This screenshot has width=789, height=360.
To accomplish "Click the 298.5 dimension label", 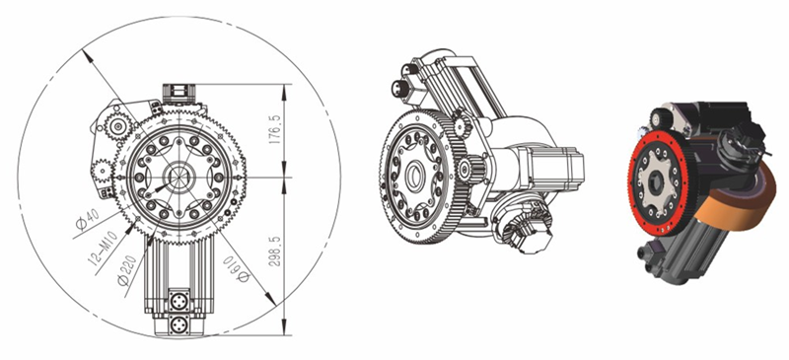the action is (275, 248).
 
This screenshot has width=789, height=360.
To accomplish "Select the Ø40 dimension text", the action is (87, 220).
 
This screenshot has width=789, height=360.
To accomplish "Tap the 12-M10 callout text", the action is (104, 249).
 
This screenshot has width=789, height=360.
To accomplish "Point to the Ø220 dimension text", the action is (127, 270).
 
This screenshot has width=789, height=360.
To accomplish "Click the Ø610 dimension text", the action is (236, 269).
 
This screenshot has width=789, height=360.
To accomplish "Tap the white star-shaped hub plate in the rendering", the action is (655, 183).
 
